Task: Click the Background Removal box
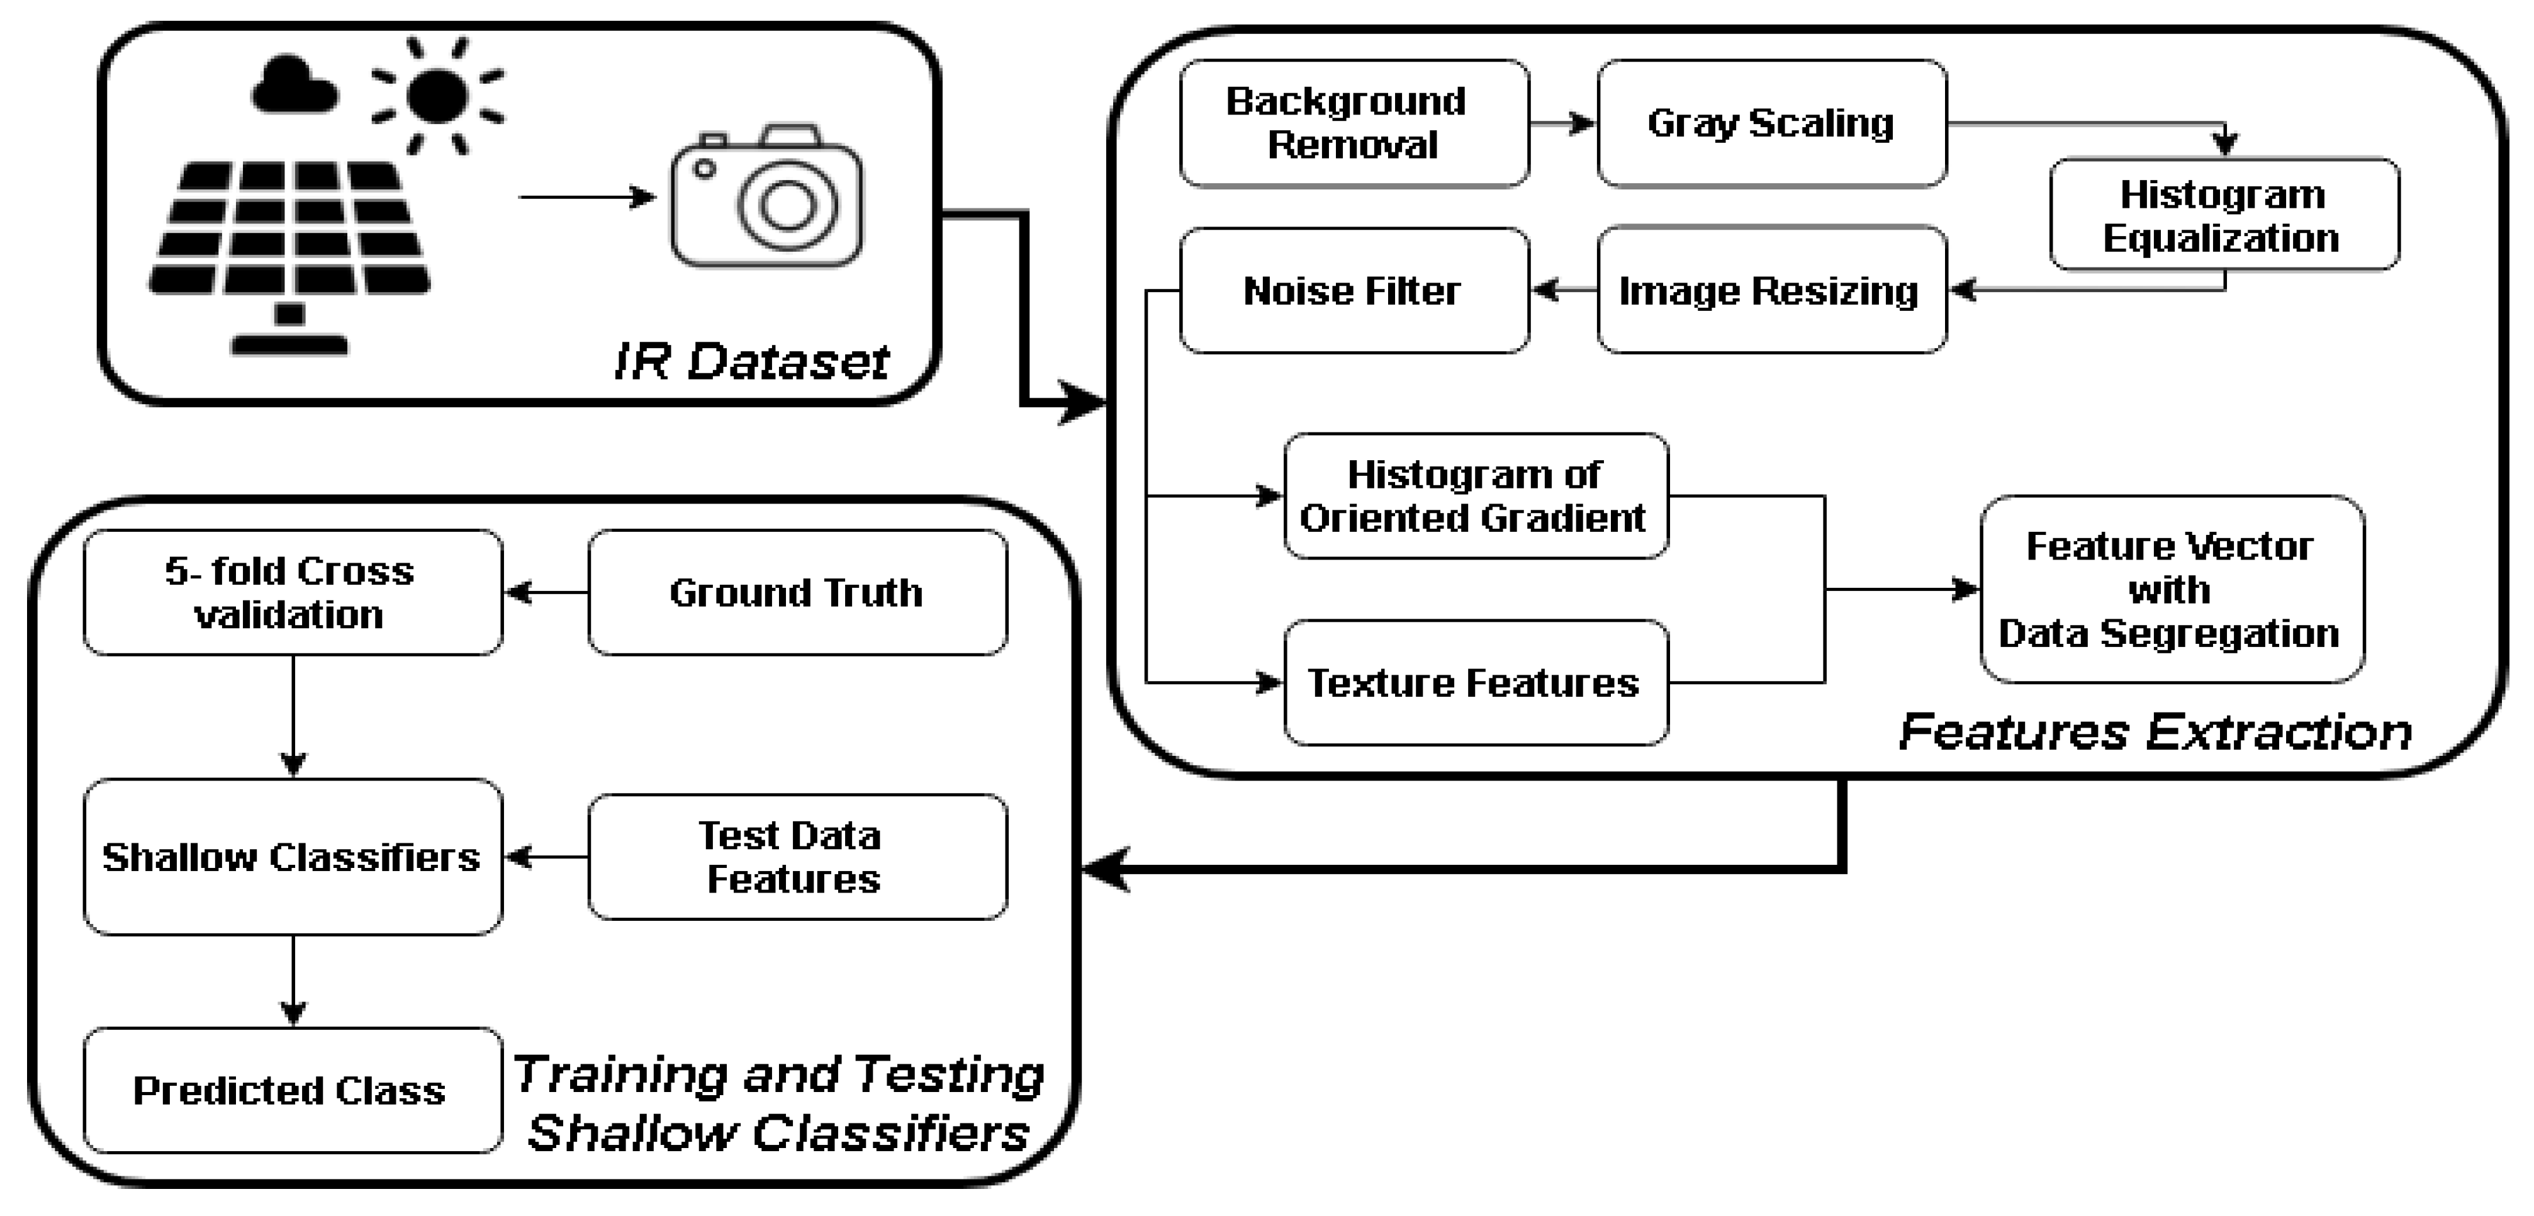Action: [x=1354, y=123]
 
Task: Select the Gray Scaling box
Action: [x=1771, y=123]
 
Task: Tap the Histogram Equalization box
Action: [x=2223, y=215]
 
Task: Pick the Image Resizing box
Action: [x=1771, y=290]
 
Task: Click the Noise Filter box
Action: [x=1354, y=290]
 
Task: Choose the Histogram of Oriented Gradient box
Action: [x=1474, y=496]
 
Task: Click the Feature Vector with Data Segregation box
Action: [x=2171, y=589]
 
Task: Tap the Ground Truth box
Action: [x=797, y=592]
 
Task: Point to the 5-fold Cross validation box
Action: [x=292, y=592]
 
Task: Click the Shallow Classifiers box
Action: [x=292, y=857]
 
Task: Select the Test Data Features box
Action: [x=797, y=857]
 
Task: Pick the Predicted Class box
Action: [x=292, y=1090]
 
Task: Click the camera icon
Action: [x=767, y=197]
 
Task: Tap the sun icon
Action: [x=437, y=96]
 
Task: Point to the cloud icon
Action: [x=293, y=87]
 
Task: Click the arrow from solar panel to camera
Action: [x=586, y=198]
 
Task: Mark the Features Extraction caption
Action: [x=2155, y=732]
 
